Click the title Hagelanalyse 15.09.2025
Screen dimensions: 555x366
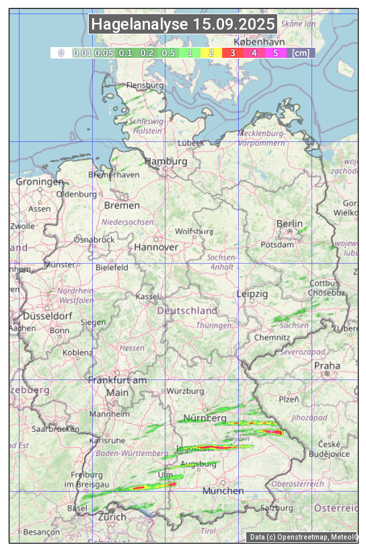point(183,24)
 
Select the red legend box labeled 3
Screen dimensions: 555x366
point(232,52)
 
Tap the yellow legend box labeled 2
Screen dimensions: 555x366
point(211,52)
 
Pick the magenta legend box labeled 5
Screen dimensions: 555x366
point(275,52)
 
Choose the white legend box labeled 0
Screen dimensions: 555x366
point(61,52)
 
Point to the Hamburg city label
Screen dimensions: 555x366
point(166,161)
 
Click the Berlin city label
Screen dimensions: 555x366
point(289,223)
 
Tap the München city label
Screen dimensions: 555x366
point(223,490)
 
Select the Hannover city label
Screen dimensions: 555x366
point(156,247)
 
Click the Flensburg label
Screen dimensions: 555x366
point(145,85)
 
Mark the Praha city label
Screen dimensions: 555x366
point(327,365)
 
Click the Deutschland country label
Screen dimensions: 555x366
point(187,311)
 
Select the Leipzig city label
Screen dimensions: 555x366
point(252,294)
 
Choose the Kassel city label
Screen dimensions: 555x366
point(147,297)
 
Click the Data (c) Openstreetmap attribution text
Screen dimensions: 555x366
point(303,537)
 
